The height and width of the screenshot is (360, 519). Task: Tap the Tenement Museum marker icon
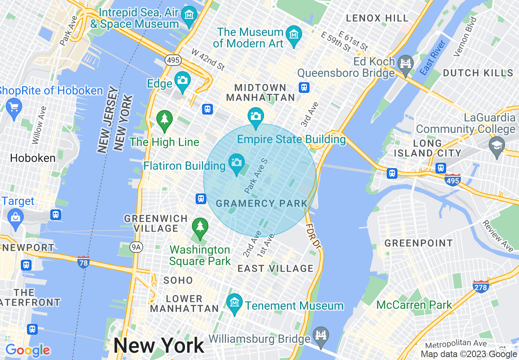(235, 303)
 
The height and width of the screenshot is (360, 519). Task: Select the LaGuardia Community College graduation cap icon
(497, 146)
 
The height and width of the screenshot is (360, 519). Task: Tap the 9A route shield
(135, 247)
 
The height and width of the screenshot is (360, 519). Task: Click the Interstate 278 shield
(481, 287)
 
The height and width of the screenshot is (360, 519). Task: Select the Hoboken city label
(33, 158)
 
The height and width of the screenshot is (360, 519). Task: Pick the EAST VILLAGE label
(275, 268)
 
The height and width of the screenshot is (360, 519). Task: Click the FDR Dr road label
(313, 236)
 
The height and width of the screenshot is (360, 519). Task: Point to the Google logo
(27, 350)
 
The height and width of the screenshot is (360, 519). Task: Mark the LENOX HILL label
(377, 18)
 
